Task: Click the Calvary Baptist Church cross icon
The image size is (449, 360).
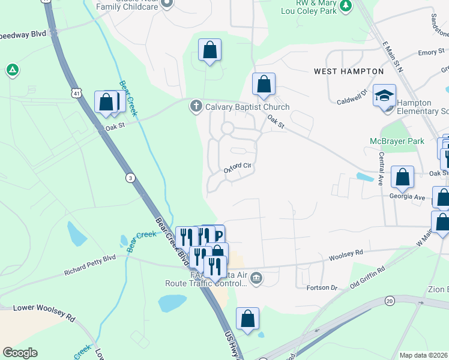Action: pos(196,107)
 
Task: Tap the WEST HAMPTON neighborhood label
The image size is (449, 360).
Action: pos(349,71)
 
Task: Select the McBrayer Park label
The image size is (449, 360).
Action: pos(396,142)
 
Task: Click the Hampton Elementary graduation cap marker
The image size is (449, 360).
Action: pos(384,96)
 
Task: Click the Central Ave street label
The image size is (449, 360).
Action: pos(381,167)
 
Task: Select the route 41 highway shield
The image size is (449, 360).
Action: pos(75,93)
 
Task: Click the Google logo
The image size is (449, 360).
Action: pos(20,353)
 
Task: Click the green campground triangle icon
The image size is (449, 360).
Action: pos(12,70)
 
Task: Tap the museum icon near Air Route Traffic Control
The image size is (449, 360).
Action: pos(256,277)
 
